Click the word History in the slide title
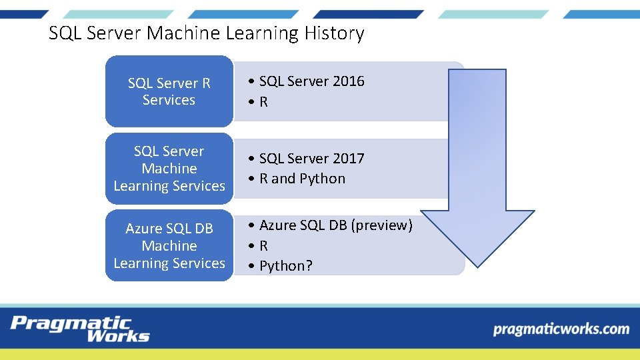(334, 33)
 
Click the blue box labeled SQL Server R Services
(169, 91)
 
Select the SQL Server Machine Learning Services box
(169, 169)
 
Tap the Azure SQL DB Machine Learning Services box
(169, 245)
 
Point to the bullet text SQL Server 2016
(311, 81)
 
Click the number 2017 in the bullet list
(348, 159)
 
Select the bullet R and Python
(302, 179)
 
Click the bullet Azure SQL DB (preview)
(335, 225)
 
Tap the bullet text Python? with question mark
(285, 265)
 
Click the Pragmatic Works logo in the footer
(80, 329)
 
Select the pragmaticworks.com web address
(561, 329)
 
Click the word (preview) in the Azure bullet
(381, 225)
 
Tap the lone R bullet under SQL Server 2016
(263, 102)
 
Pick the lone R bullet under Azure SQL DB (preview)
(263, 245)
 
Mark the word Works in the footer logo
(117, 336)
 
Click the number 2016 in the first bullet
(348, 81)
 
